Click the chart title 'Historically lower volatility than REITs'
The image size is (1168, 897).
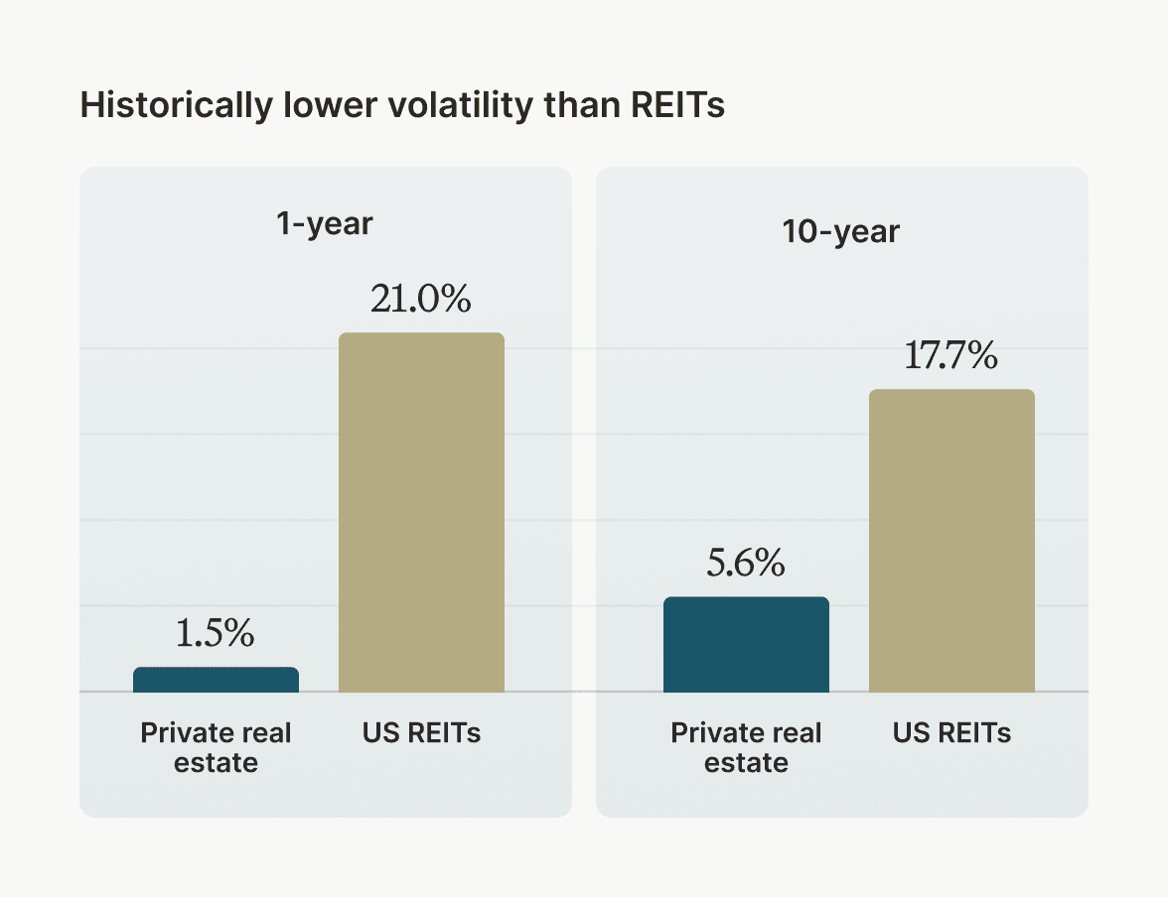(x=402, y=106)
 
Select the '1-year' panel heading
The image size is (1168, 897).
(x=325, y=224)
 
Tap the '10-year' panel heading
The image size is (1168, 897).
(x=840, y=232)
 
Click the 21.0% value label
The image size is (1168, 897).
(x=421, y=300)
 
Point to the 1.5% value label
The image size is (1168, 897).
(x=216, y=634)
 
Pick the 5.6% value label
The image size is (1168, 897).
(x=746, y=564)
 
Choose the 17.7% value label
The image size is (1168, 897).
(x=950, y=356)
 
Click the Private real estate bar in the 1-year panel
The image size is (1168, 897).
(x=216, y=680)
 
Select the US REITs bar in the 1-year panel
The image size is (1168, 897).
(x=421, y=512)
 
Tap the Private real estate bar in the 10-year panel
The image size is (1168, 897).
(x=746, y=644)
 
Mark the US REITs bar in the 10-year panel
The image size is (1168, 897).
(x=951, y=541)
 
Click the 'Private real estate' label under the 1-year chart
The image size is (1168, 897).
(x=216, y=748)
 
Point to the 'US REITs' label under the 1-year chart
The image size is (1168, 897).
(x=421, y=734)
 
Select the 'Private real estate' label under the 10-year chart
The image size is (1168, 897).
(x=746, y=748)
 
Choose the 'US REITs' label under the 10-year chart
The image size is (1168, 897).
(x=951, y=734)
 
